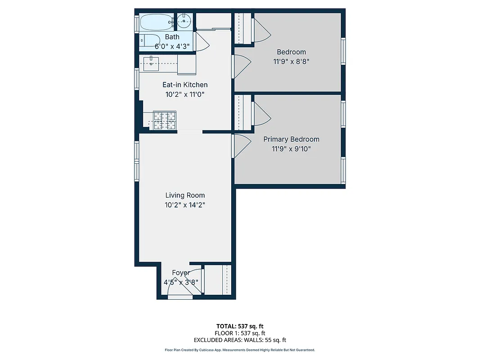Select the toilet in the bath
(149, 40)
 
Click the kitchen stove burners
(164, 121)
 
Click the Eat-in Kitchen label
(185, 85)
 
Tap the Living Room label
(185, 195)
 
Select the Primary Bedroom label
(291, 139)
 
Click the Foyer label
(181, 273)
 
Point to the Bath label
(172, 37)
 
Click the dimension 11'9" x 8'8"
(291, 62)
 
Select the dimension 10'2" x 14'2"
(185, 205)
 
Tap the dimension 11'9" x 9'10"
(291, 149)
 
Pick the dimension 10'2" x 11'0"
(185, 94)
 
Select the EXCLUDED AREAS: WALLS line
(240, 340)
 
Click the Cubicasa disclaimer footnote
(240, 350)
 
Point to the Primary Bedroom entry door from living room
(241, 145)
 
